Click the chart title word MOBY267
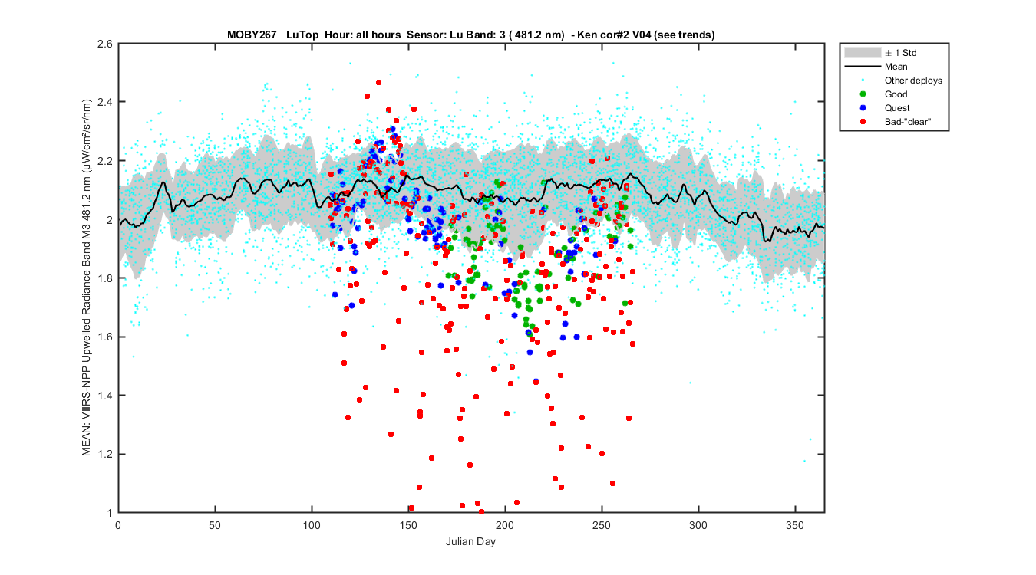tap(252, 34)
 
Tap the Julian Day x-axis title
tap(470, 542)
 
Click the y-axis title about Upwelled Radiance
tap(87, 278)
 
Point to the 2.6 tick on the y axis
tap(104, 44)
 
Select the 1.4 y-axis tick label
tap(104, 395)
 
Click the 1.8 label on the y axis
tap(104, 278)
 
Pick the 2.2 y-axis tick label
tap(104, 161)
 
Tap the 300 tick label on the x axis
tap(698, 525)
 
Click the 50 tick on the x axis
tap(215, 525)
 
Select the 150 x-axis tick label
tap(408, 525)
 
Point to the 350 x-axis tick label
tap(795, 525)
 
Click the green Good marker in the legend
tap(863, 94)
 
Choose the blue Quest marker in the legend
tap(863, 108)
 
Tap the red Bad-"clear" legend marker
tap(863, 122)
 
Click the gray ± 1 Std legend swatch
tap(863, 52)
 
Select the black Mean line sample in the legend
tap(863, 67)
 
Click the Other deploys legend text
tap(913, 80)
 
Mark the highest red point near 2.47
tap(379, 82)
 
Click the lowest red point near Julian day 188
tap(481, 511)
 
